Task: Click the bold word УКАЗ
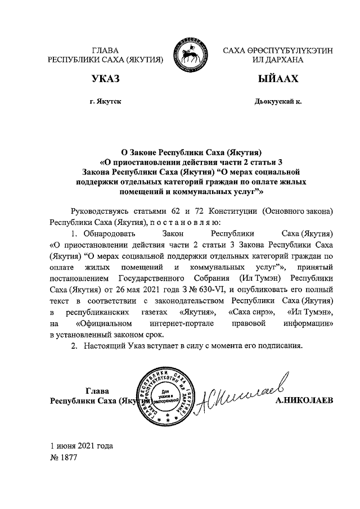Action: click(x=105, y=79)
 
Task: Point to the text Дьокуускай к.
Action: click(x=278, y=102)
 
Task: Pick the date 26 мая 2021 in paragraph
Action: click(x=147, y=290)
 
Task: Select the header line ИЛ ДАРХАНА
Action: click(x=278, y=59)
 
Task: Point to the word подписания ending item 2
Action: click(x=280, y=345)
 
